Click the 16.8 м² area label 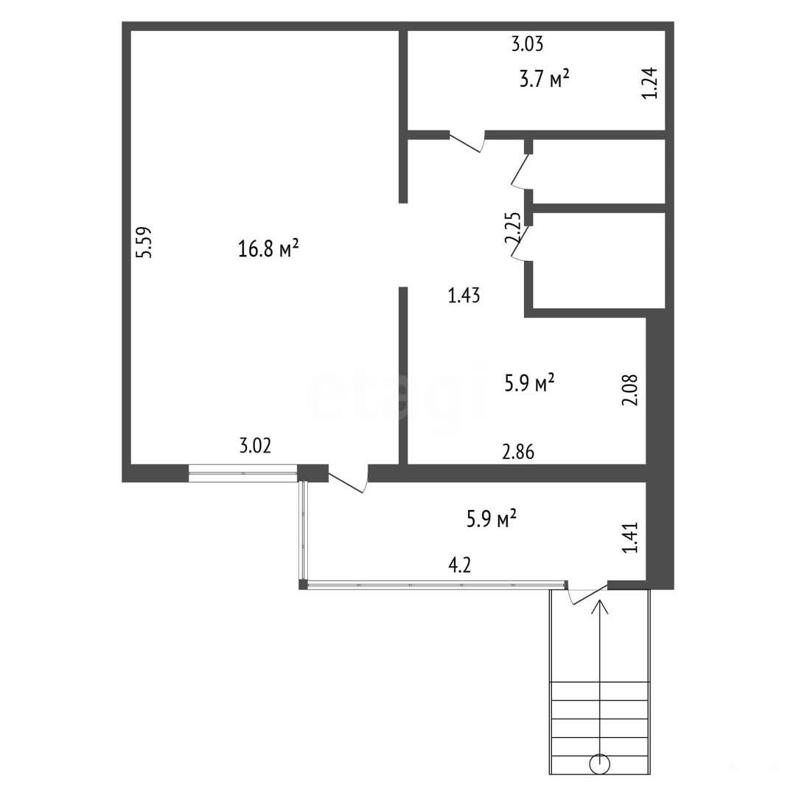click(x=268, y=249)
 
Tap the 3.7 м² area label click(x=544, y=79)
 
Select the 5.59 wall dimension click(x=144, y=242)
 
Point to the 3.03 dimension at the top click(x=527, y=44)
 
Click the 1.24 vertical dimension click(x=650, y=83)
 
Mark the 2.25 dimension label click(x=513, y=228)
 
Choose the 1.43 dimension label click(x=464, y=295)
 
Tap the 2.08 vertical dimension click(x=629, y=390)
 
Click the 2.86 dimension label click(x=518, y=451)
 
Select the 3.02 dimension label click(x=255, y=446)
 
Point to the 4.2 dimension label click(x=460, y=565)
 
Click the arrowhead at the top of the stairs click(x=600, y=606)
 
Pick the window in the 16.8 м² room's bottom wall click(x=242, y=472)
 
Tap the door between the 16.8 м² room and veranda click(x=348, y=479)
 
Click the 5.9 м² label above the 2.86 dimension click(x=529, y=383)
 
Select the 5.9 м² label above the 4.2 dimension click(x=492, y=519)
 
